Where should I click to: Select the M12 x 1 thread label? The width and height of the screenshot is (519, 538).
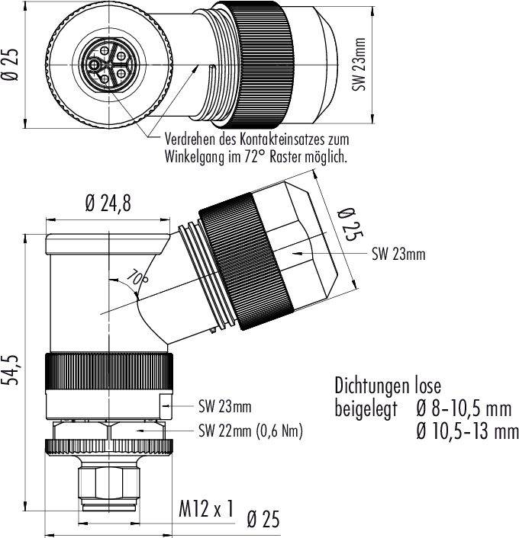(x=205, y=509)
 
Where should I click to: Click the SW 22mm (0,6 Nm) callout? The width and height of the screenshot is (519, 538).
(x=250, y=431)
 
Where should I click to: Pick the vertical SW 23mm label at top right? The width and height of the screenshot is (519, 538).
(x=359, y=66)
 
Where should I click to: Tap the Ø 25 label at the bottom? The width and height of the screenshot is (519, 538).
(x=263, y=520)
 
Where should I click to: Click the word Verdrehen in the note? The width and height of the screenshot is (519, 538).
(x=189, y=140)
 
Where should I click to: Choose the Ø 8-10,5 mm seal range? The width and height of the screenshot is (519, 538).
(x=462, y=410)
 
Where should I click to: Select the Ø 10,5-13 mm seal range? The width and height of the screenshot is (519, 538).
(x=463, y=434)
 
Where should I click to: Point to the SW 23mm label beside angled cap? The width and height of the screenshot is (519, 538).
(x=398, y=255)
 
